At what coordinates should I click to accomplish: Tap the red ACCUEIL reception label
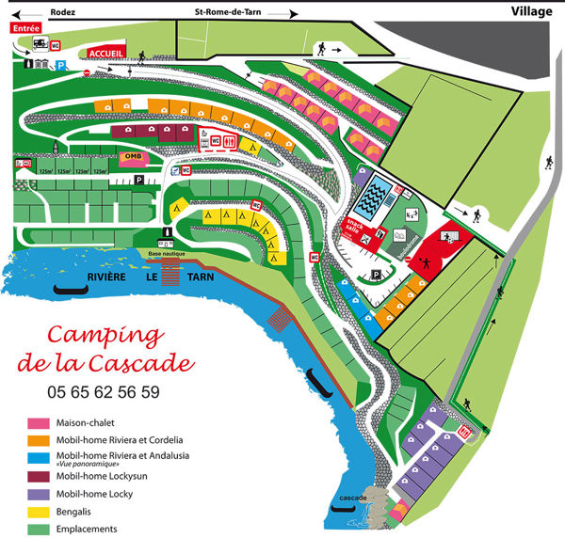point(105,54)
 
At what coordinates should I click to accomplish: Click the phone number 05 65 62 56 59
point(103,391)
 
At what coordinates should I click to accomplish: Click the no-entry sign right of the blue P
point(86,71)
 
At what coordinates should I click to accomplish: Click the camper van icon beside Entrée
point(41,43)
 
